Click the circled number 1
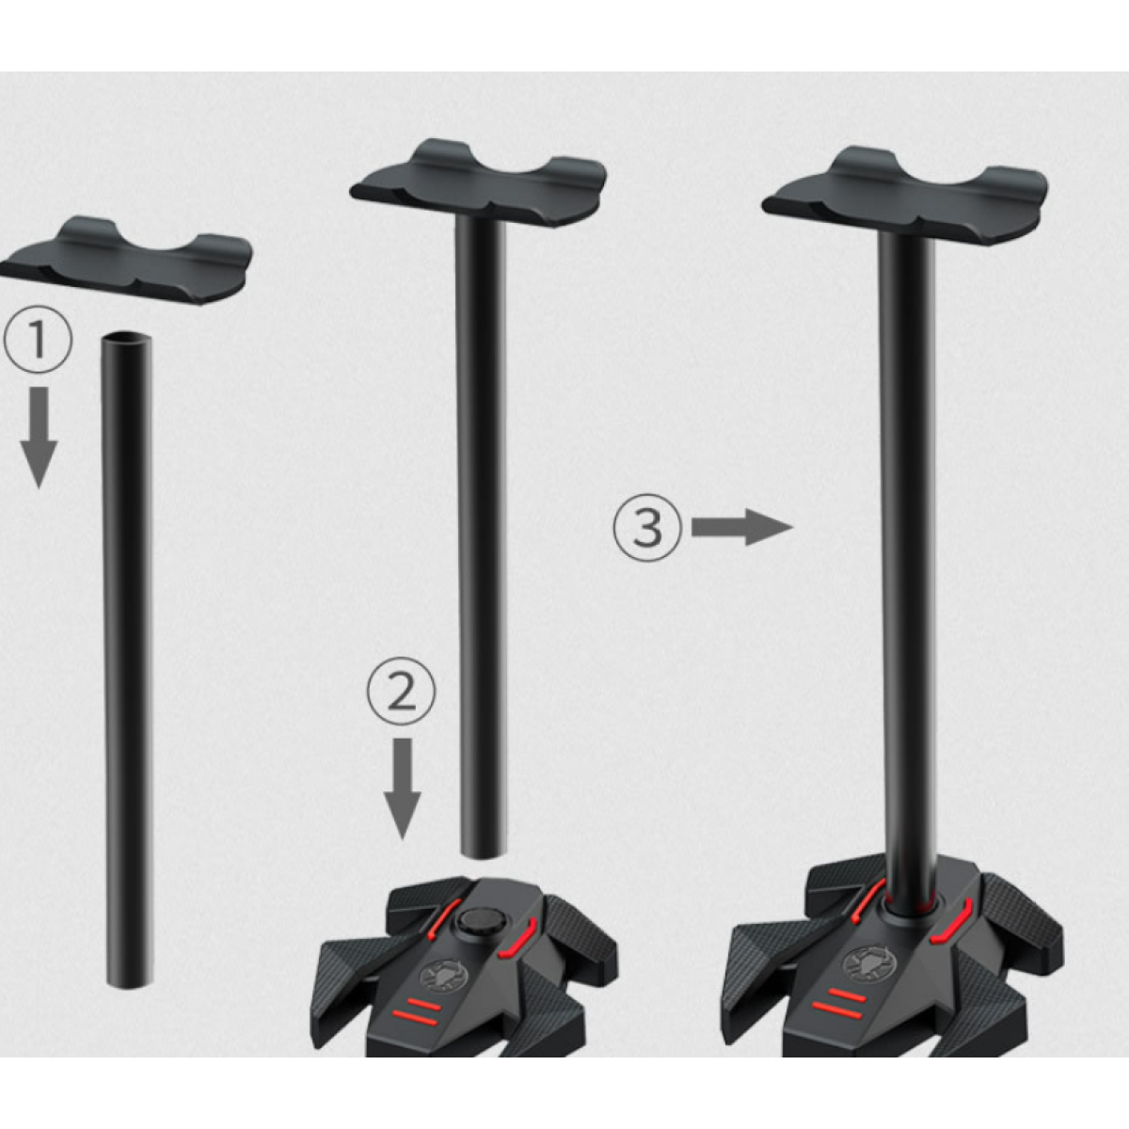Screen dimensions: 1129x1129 pos(38,340)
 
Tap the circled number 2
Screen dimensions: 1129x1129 pos(402,692)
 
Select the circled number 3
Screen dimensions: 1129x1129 pos(647,528)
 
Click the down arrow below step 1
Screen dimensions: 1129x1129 pos(39,437)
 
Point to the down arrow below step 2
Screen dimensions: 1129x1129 pos(402,788)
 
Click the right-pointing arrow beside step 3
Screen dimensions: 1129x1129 pos(741,527)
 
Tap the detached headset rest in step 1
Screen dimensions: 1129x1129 pos(126,260)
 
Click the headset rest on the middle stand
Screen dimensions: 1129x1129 pos(478,183)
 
